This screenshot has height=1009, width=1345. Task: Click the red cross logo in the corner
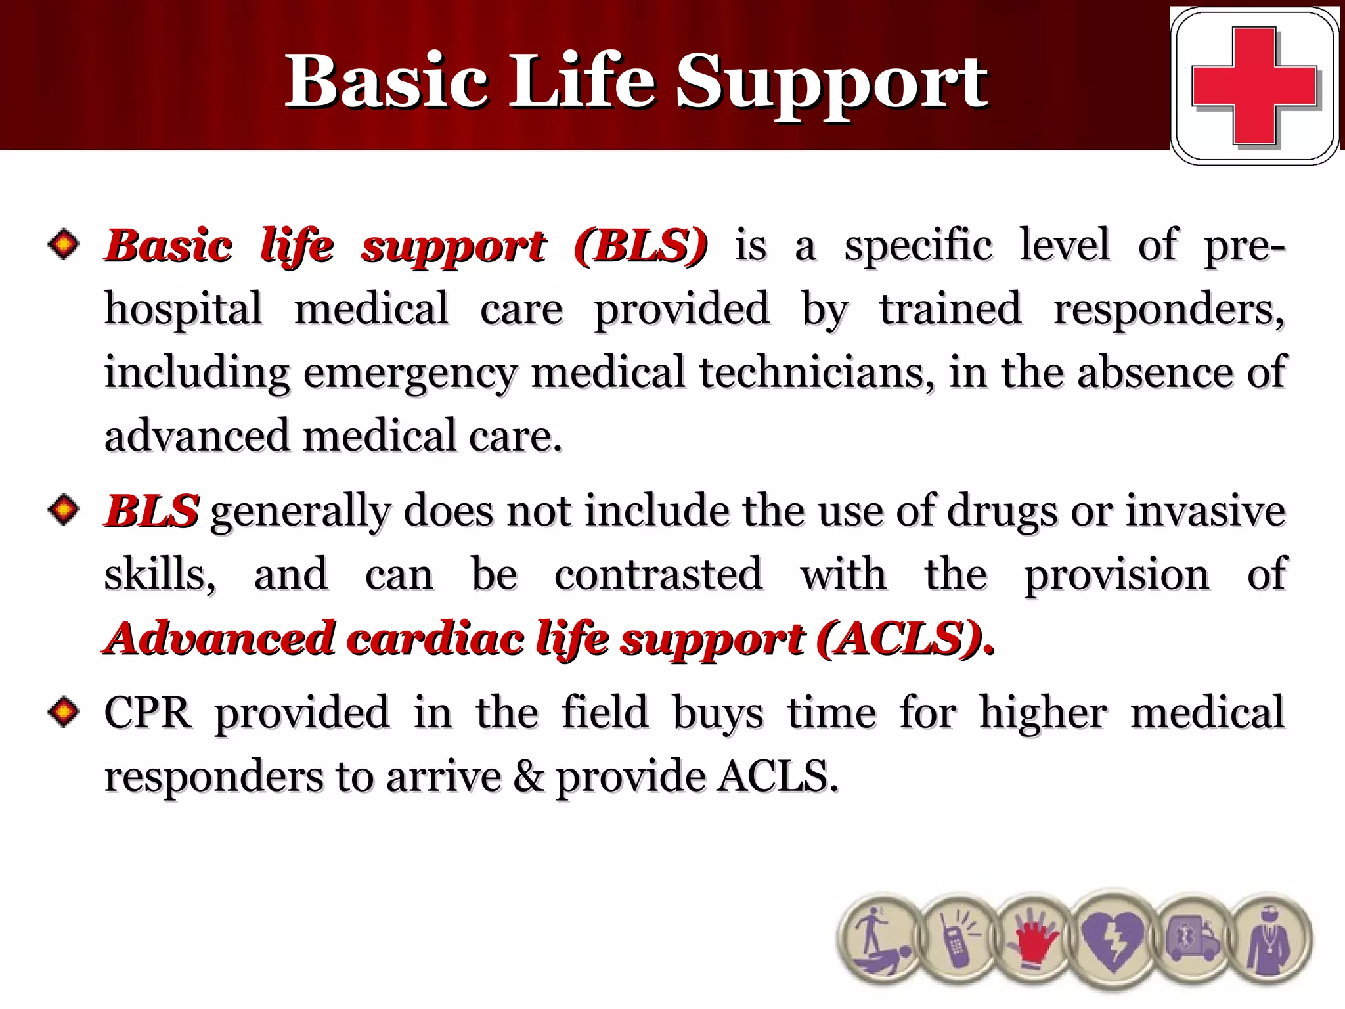coord(1254,85)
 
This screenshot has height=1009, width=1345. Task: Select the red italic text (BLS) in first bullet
coord(640,246)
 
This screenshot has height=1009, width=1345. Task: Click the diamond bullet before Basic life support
coord(64,244)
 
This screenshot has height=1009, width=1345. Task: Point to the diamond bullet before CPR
coord(64,712)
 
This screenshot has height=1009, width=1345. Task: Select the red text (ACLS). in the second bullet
coord(906,639)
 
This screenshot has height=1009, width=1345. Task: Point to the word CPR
coord(148,712)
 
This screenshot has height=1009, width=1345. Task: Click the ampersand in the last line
coord(529,776)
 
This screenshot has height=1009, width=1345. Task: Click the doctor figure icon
coord(1269,941)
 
